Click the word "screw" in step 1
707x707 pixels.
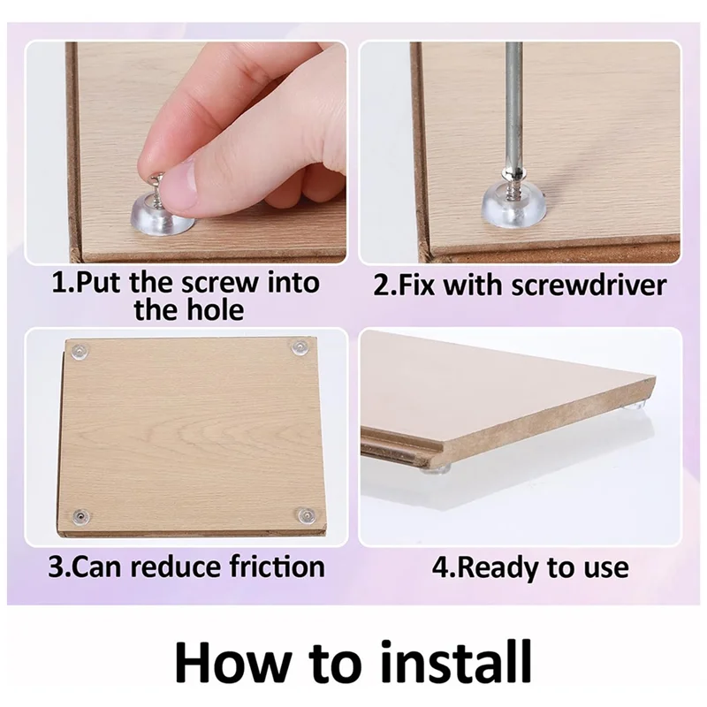219,283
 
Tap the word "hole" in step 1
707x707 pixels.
215,310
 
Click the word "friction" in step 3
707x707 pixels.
277,566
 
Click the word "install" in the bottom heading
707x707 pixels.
456,661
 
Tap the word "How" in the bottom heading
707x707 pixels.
232,661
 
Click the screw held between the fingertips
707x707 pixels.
156,187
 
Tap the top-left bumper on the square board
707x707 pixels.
80,350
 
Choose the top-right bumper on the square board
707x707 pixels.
299,347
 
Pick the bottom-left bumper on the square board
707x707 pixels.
80,516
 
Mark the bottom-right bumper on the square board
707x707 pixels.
305,514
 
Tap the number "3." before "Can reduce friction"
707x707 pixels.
60,566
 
